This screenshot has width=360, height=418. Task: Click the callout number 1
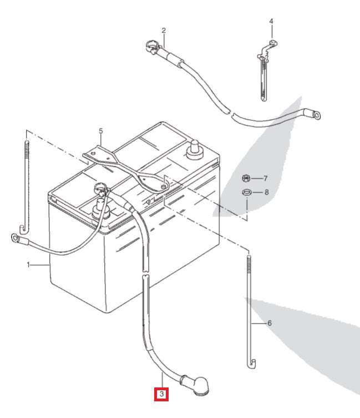(x=29, y=265)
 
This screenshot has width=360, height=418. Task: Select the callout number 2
(x=164, y=30)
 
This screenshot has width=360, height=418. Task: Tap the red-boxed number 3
(x=161, y=395)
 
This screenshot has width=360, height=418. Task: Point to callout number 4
(x=271, y=22)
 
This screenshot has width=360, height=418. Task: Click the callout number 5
(x=101, y=132)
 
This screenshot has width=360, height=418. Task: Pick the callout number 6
(x=270, y=323)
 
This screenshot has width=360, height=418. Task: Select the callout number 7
(x=265, y=179)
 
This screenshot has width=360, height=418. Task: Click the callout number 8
(x=266, y=193)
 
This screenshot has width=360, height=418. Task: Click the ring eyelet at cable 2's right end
(x=317, y=115)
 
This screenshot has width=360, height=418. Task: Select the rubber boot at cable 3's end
(x=196, y=384)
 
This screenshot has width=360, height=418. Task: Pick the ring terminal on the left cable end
(x=15, y=239)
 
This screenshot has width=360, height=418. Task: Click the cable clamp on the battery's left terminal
(x=101, y=192)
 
